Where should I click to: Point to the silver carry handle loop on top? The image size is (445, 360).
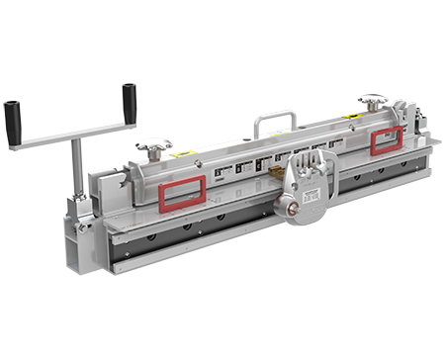tap(274, 124)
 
